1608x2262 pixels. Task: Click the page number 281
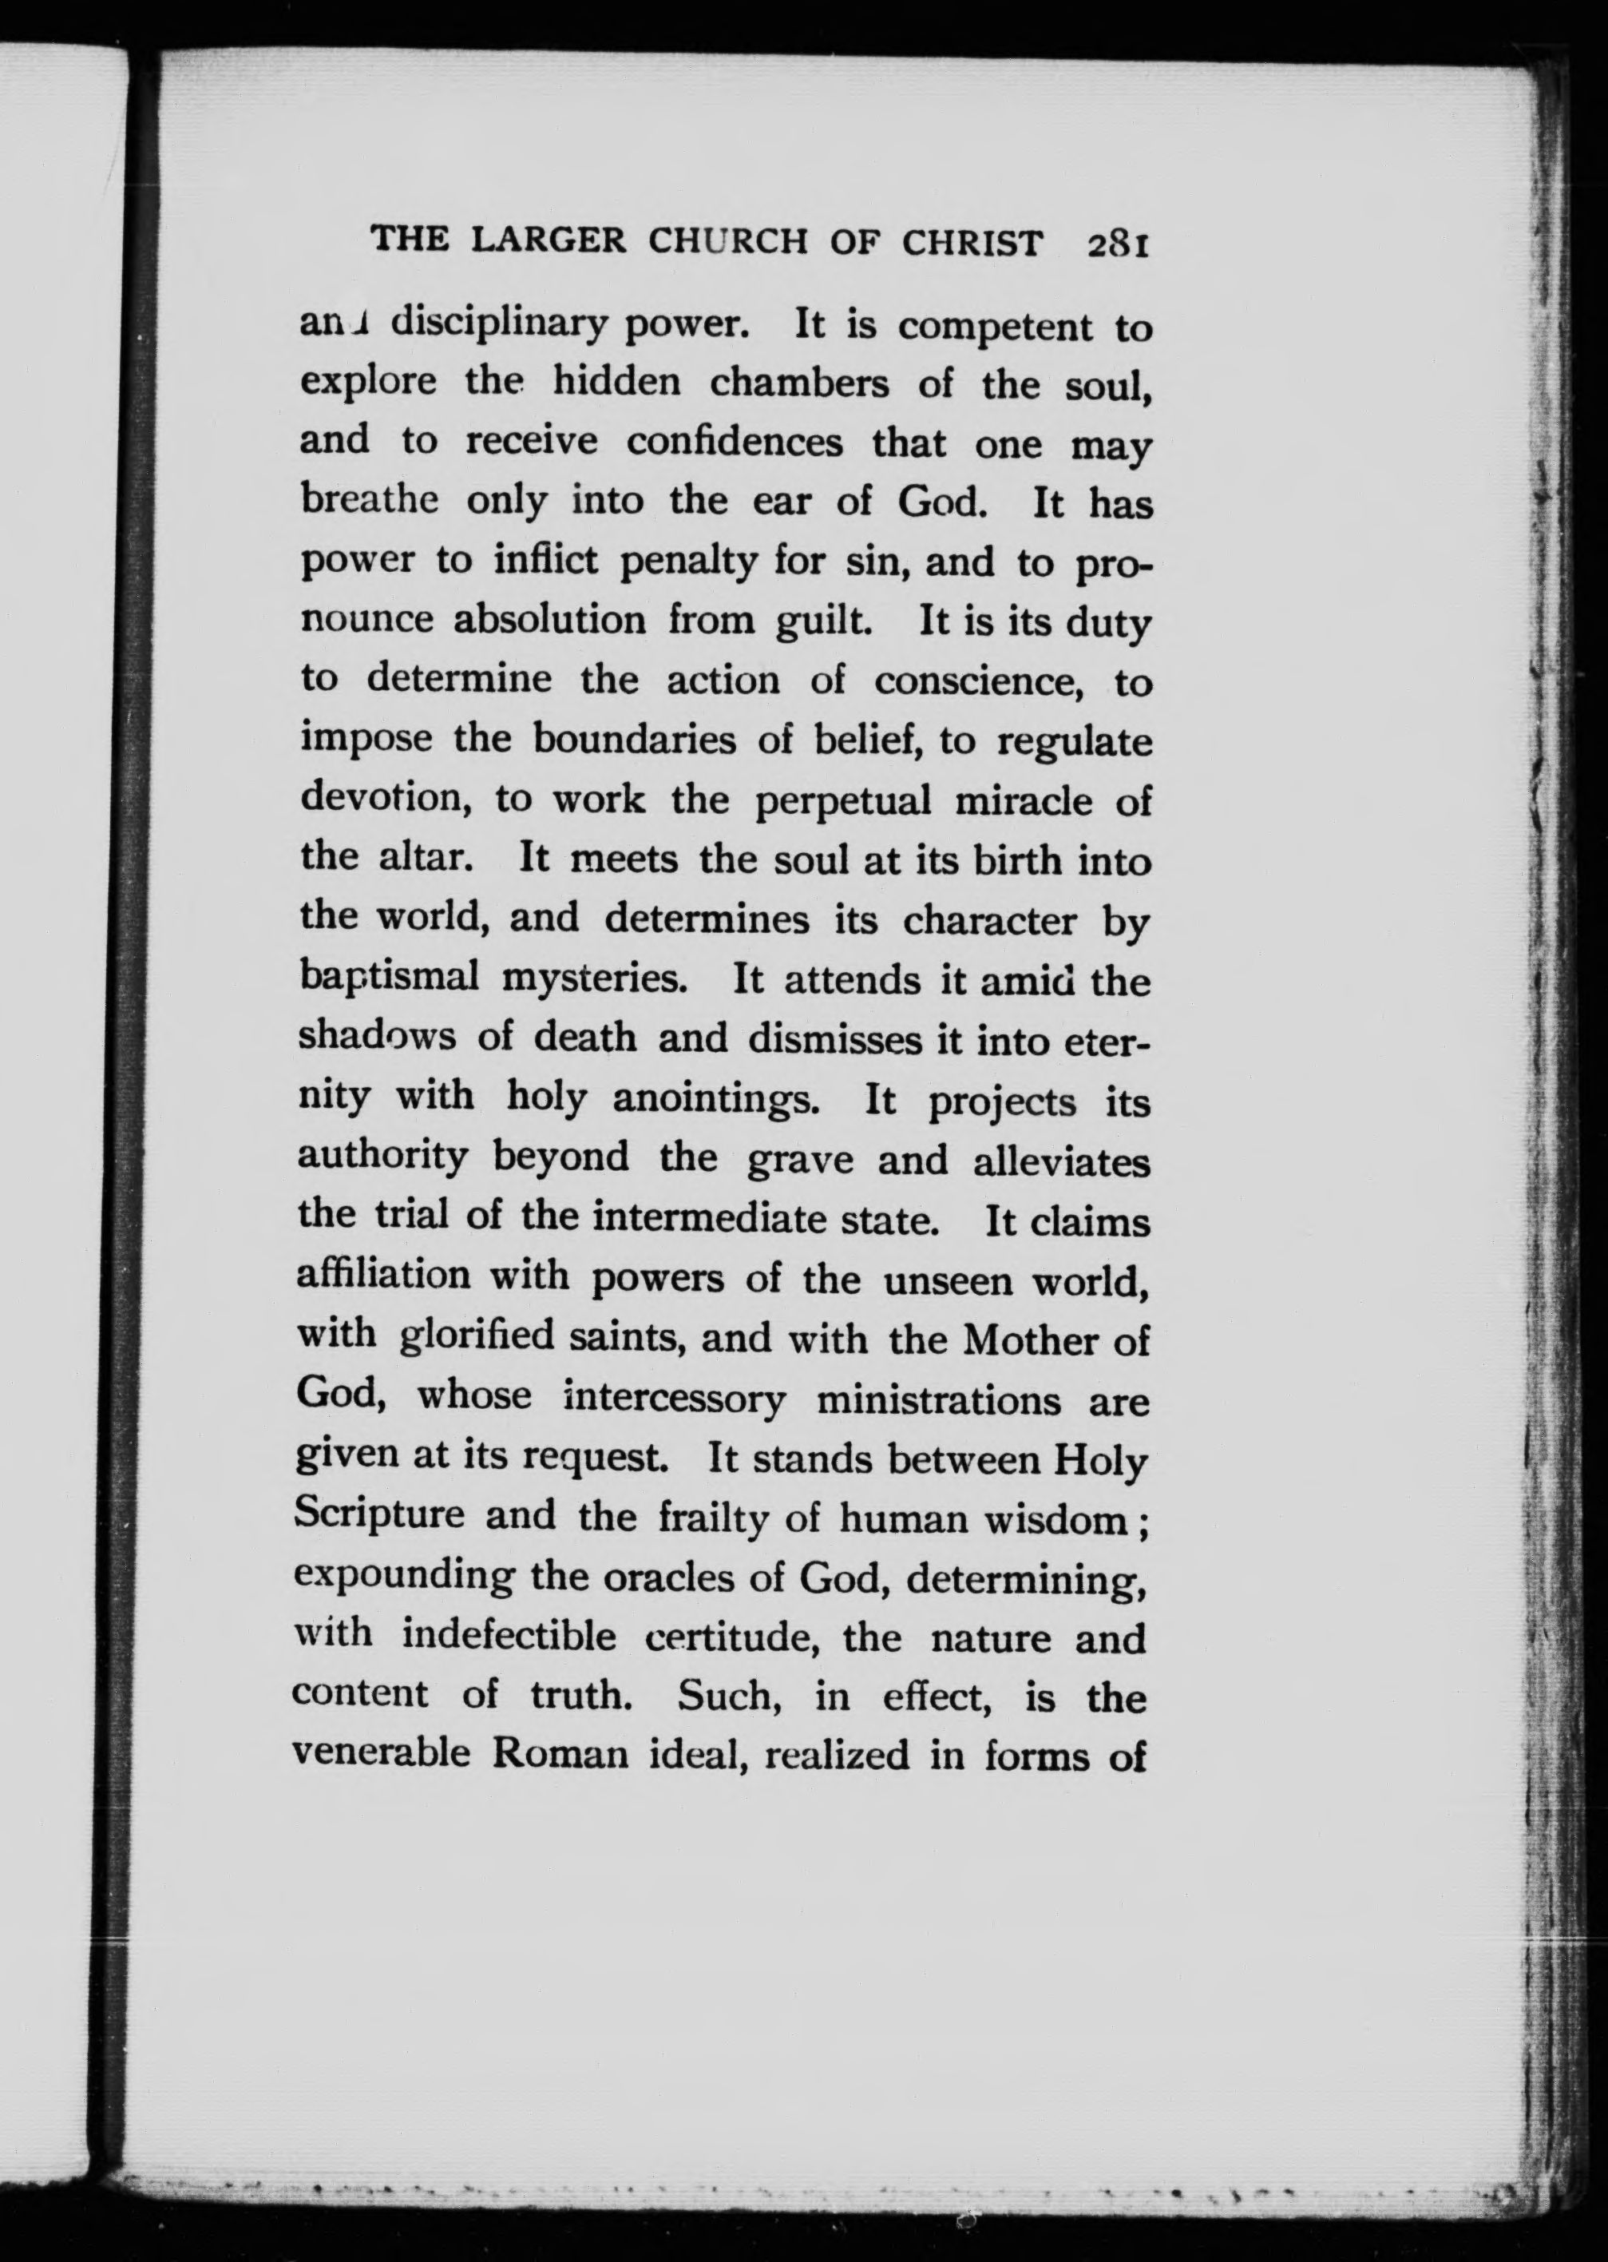(1116, 244)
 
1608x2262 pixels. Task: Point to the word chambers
(799, 384)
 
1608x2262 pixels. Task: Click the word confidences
(734, 442)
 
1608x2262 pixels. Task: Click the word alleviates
(1061, 1160)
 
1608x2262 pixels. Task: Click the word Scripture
(379, 1518)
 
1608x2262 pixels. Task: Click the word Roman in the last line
(561, 1754)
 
